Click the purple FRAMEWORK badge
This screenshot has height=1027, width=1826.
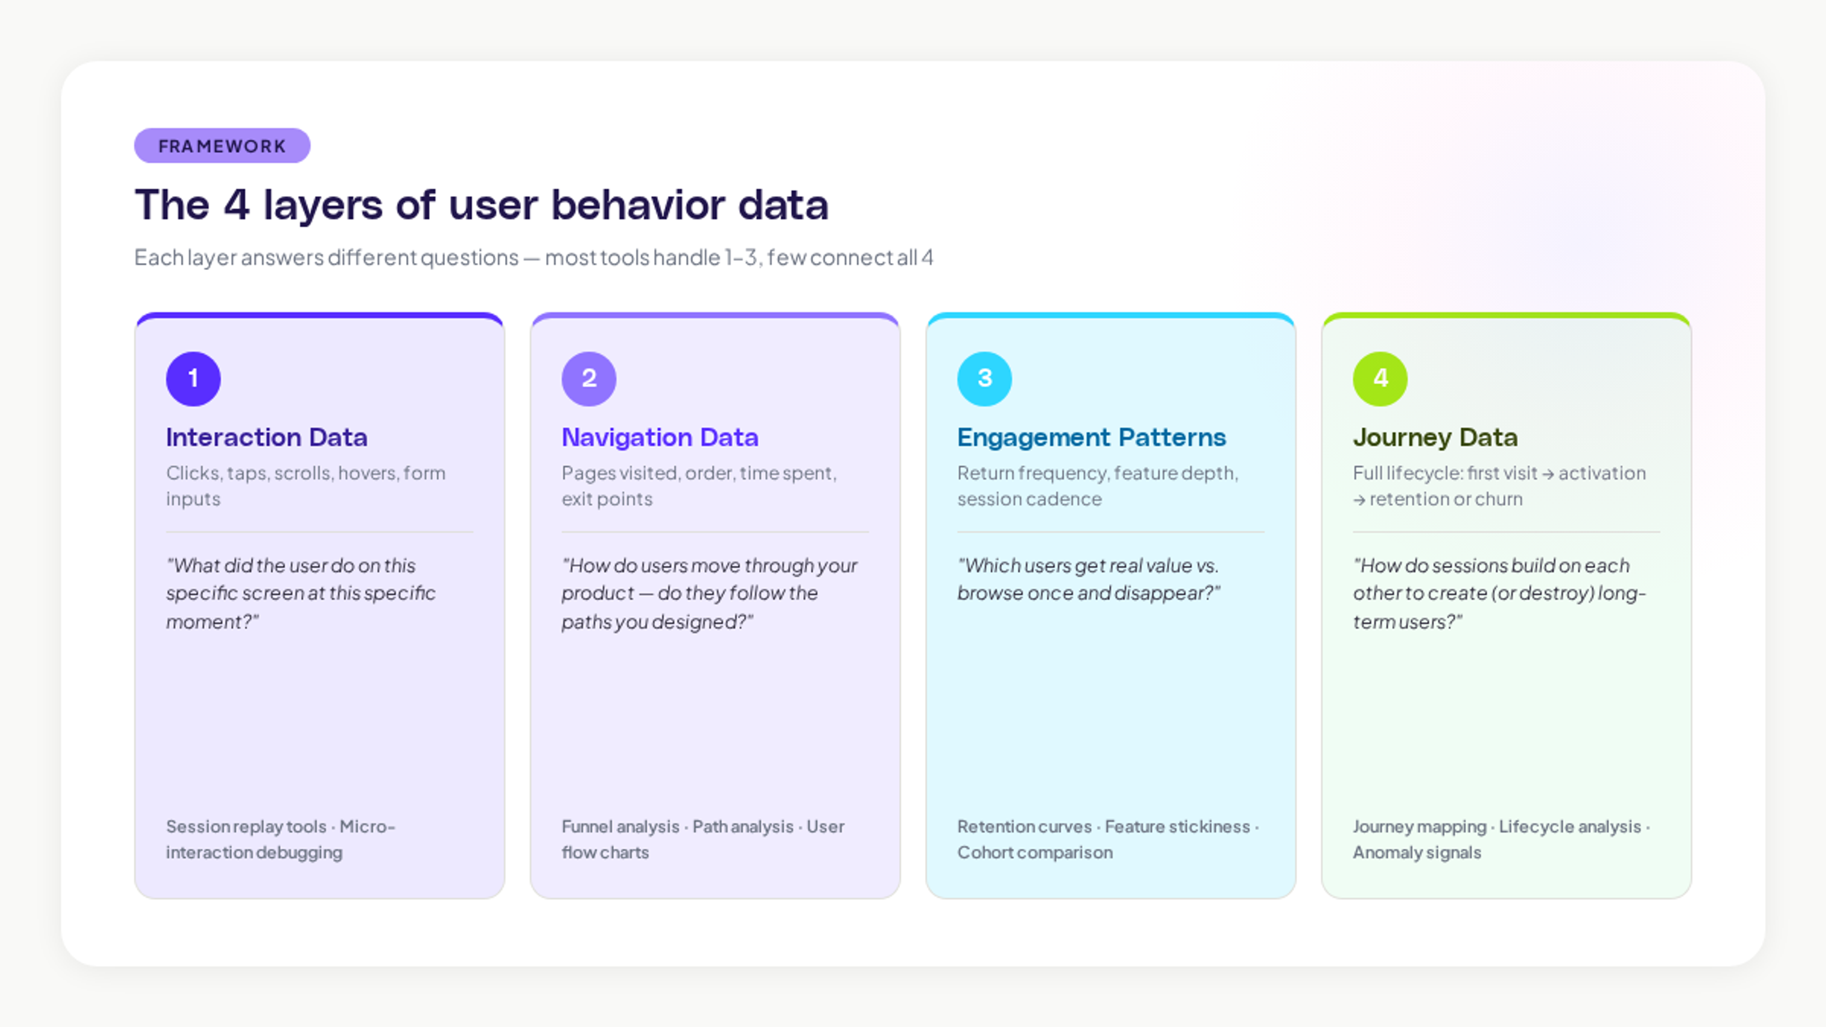pyautogui.click(x=222, y=146)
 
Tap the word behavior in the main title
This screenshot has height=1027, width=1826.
pyautogui.click(x=638, y=205)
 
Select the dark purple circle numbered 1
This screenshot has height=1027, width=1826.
pyautogui.click(x=193, y=378)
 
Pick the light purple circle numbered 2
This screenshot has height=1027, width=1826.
pyautogui.click(x=588, y=378)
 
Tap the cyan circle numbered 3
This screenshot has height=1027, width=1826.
pyautogui.click(x=984, y=378)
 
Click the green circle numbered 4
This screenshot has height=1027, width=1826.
pyautogui.click(x=1379, y=378)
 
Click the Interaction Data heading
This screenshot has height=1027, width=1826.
pyautogui.click(x=266, y=437)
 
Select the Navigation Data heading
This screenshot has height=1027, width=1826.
pyautogui.click(x=659, y=437)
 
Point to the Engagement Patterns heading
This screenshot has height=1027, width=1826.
pyautogui.click(x=1091, y=437)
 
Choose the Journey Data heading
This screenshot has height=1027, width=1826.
pyautogui.click(x=1435, y=437)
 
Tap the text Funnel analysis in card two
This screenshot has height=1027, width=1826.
pyautogui.click(x=620, y=826)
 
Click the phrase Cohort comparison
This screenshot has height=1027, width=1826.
pyautogui.click(x=1034, y=852)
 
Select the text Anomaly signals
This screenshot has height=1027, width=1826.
pyautogui.click(x=1416, y=852)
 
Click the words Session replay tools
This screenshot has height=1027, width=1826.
pyautogui.click(x=246, y=826)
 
